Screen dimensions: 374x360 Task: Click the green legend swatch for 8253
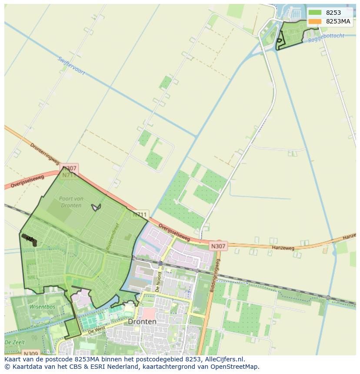[315, 13]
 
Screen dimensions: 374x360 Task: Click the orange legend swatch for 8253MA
[315, 21]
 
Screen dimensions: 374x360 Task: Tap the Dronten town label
[142, 322]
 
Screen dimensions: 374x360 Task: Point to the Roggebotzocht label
[326, 38]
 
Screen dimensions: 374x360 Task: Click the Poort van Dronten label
[70, 202]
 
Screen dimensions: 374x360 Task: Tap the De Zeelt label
[14, 342]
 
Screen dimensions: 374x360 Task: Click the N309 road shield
[31, 354]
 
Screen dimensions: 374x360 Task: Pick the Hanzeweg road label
[283, 248]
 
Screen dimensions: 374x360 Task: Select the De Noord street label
[159, 281]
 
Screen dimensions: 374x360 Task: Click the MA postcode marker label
[30, 239]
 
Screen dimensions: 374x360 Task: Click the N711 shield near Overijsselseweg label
[140, 215]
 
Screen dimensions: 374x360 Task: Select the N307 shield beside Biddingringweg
[218, 246]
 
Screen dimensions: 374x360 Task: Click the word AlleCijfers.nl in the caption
[223, 359]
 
